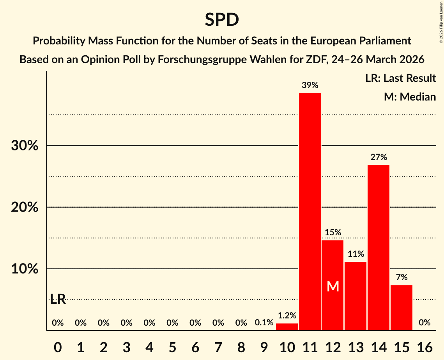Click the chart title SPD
coord(222,19)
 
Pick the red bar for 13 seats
coord(356,296)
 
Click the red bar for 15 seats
coord(402,307)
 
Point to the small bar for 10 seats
coord(287,327)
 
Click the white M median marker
coord(333,287)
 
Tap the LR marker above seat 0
coord(58,300)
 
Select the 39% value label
coord(310,85)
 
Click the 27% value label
coord(379,157)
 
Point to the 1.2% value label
coord(287,316)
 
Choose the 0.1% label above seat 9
coord(264,323)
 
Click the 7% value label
coord(402,277)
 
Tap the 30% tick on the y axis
coord(24,146)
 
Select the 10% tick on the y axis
coord(24,269)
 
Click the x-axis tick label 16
coord(425,347)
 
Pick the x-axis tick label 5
coord(172,347)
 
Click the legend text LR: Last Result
coord(400,78)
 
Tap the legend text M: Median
coord(410,97)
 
